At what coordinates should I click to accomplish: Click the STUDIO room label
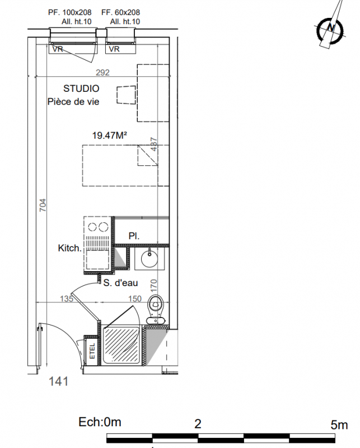pyautogui.click(x=81, y=88)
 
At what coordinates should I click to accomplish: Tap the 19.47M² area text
pyautogui.click(x=109, y=135)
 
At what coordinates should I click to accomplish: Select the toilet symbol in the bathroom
pyautogui.click(x=156, y=310)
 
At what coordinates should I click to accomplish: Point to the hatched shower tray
pyautogui.click(x=121, y=346)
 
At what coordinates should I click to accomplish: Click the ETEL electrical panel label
pyautogui.click(x=92, y=351)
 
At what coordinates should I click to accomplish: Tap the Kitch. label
pyautogui.click(x=70, y=248)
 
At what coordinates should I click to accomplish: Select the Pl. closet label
pyautogui.click(x=134, y=236)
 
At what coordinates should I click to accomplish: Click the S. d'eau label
pyautogui.click(x=120, y=283)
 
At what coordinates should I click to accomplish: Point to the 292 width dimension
pyautogui.click(x=102, y=73)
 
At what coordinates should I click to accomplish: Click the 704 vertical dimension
pyautogui.click(x=43, y=205)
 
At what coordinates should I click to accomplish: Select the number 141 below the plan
pyautogui.click(x=59, y=381)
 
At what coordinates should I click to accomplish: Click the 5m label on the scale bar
pyautogui.click(x=339, y=425)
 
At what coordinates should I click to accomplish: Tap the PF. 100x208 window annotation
pyautogui.click(x=70, y=12)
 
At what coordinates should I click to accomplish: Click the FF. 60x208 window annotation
pyautogui.click(x=120, y=12)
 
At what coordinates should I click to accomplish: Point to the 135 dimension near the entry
pyautogui.click(x=67, y=299)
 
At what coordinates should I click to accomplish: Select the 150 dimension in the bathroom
pyautogui.click(x=135, y=299)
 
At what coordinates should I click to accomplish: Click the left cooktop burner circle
pyautogui.click(x=92, y=227)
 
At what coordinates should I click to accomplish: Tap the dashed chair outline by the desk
pyautogui.click(x=126, y=95)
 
